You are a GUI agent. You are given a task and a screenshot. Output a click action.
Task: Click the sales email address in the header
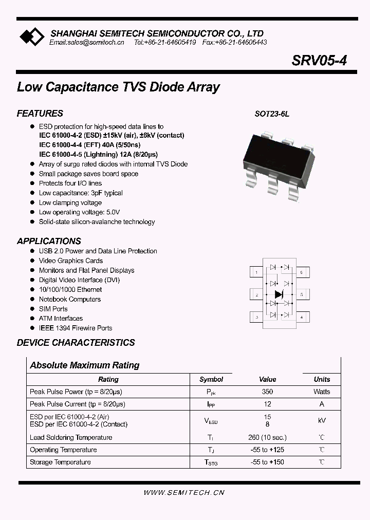coord(87,43)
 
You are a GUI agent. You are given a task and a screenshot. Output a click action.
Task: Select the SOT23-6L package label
coord(272,115)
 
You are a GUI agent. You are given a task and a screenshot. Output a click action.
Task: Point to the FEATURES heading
coord(40,114)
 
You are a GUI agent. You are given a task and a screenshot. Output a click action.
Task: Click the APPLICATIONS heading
coord(49,241)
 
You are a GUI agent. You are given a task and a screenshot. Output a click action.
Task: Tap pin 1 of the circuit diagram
coord(256,272)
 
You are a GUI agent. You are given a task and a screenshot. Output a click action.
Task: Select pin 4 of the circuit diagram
coord(301,318)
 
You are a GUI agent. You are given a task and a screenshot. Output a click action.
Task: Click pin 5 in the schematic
coord(301,295)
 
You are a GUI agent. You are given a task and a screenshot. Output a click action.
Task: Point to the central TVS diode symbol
coord(279,294)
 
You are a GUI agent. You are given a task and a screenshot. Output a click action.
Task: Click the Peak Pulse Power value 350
coord(267,392)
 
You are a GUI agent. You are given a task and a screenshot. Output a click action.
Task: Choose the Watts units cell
coord(322,392)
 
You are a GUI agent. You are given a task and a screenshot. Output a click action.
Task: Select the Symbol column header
coord(211,379)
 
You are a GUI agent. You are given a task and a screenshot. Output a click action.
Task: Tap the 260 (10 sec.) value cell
coord(267,437)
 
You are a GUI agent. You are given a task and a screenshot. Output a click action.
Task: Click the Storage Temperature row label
coord(60,462)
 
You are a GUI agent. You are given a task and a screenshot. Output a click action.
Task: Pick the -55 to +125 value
coord(267,450)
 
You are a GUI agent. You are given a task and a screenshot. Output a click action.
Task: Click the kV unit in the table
coord(322,420)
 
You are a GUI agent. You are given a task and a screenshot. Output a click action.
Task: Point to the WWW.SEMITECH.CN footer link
coord(184,493)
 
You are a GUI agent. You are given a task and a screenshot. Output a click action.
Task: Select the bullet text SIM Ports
coord(53,309)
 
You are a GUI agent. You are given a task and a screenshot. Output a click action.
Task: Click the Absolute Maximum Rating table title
coord(85,365)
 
